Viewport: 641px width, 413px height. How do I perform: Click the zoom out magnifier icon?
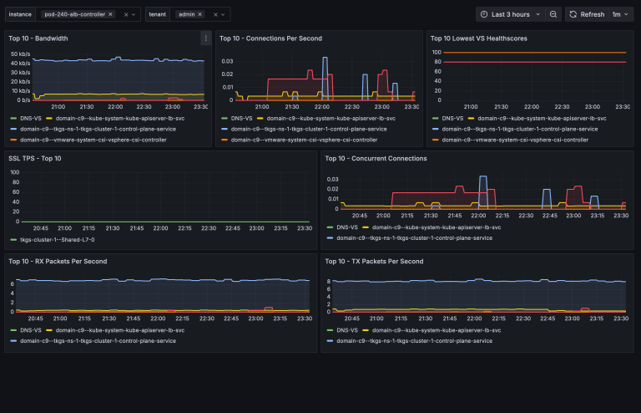tap(553, 14)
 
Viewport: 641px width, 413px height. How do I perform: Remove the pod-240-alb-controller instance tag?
tap(110, 14)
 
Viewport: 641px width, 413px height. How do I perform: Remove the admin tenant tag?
tap(200, 14)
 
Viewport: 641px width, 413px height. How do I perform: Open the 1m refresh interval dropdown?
tap(620, 14)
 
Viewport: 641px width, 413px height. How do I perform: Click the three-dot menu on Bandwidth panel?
tap(205, 38)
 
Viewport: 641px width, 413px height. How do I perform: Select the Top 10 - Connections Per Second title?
tap(270, 38)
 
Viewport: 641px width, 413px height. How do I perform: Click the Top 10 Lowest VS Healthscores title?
tap(478, 38)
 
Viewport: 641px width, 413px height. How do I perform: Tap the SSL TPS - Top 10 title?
tap(34, 158)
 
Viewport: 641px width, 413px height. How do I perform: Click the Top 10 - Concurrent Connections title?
tap(376, 158)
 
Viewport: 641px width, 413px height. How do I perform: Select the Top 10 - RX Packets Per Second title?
tap(58, 261)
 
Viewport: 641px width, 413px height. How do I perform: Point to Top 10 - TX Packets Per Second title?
tap(374, 261)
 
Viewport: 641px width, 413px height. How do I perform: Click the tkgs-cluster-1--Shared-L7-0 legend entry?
tap(58, 239)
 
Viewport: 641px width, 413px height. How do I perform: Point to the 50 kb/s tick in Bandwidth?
tap(21, 54)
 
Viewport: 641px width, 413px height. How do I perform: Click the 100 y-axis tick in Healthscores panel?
tap(436, 53)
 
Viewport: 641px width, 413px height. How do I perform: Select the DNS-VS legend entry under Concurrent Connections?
tap(347, 227)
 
